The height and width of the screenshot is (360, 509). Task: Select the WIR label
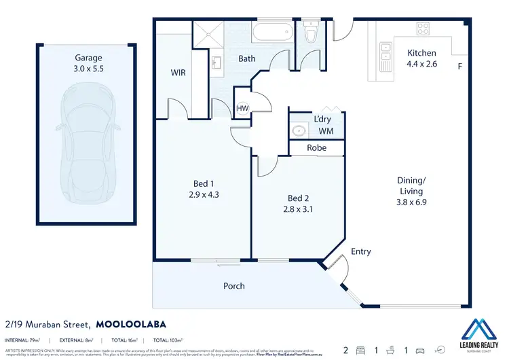coord(178,72)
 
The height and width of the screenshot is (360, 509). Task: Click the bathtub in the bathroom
coord(273,33)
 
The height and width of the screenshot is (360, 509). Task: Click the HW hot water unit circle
coord(242,109)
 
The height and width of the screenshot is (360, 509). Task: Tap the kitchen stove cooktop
coord(423,29)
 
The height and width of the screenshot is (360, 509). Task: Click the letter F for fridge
coord(459,67)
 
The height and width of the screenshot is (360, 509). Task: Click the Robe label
coord(316,147)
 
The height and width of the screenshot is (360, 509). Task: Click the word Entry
coord(361,251)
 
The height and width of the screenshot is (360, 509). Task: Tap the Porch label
coord(234,285)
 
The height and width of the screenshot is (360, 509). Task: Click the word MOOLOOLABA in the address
coord(131,324)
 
